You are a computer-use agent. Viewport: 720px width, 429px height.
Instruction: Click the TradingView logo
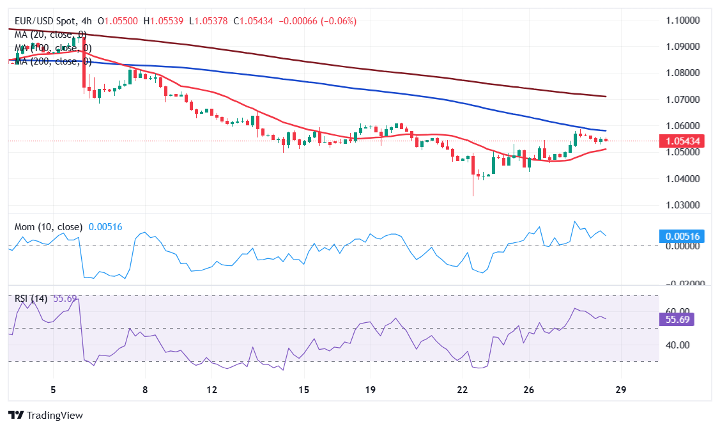pos(45,415)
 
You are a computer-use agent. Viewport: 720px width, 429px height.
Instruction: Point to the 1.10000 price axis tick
pos(682,20)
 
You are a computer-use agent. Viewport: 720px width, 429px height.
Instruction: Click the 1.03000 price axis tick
pos(682,205)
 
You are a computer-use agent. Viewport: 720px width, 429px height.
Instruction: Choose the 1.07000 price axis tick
pos(682,100)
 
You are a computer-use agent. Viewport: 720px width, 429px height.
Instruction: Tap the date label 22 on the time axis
pos(463,389)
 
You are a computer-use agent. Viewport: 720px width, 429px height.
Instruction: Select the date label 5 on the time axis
pos(54,389)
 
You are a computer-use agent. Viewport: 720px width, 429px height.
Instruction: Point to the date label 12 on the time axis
pos(212,389)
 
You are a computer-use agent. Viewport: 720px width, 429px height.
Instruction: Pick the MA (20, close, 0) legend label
pos(50,35)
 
